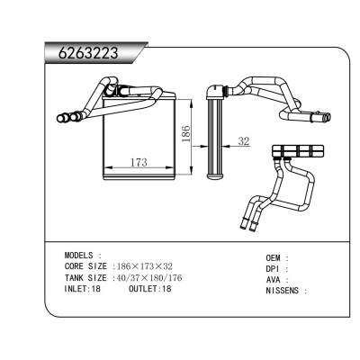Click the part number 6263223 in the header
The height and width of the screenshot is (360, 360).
tap(88, 54)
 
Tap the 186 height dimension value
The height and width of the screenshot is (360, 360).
tap(186, 133)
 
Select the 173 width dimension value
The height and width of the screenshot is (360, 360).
tap(139, 162)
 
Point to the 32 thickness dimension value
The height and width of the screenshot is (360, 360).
tap(244, 141)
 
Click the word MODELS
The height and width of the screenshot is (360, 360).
tap(79, 256)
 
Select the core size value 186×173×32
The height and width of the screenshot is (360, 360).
tap(145, 266)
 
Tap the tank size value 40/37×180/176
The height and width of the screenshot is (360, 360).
tap(149, 278)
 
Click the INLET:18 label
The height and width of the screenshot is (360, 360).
tap(83, 289)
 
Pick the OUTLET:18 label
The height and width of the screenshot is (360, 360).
tap(149, 289)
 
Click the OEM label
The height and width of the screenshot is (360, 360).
tap(273, 257)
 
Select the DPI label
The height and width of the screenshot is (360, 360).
tap(273, 268)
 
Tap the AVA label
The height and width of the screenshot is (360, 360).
tap(273, 280)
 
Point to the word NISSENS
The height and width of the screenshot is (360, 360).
tap(283, 291)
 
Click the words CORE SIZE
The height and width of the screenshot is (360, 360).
tap(85, 266)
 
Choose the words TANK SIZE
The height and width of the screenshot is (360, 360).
tap(85, 278)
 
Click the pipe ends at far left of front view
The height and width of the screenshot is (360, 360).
tap(68, 117)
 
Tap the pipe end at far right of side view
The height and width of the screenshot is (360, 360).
tap(327, 117)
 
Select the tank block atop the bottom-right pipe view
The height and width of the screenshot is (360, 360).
tap(298, 151)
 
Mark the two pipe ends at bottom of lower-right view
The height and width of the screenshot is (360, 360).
tap(249, 225)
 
